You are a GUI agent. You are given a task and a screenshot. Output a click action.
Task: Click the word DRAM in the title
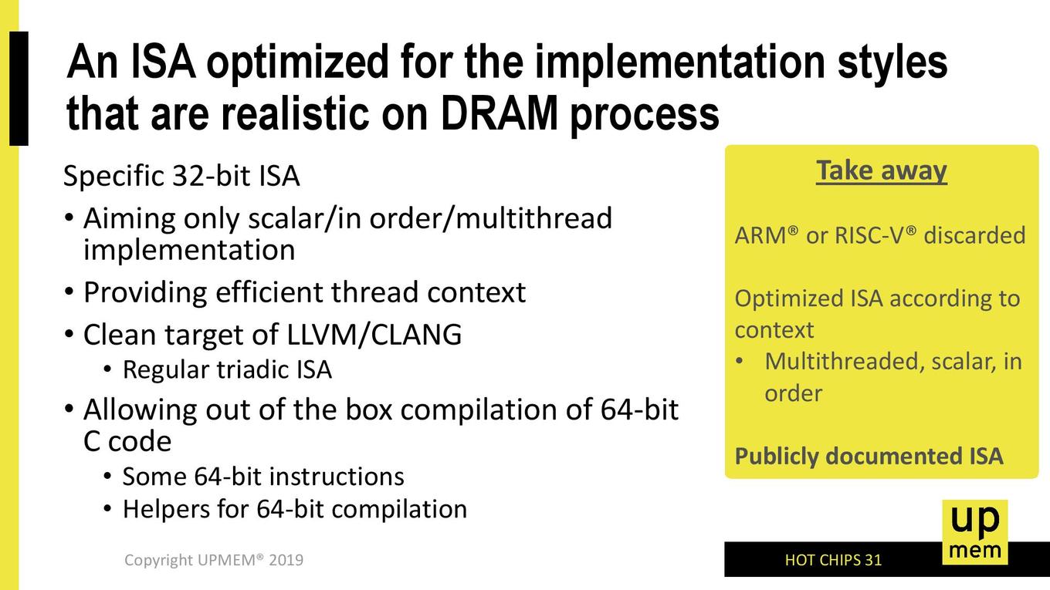(499, 114)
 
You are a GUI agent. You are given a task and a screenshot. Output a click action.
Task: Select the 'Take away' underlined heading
(881, 171)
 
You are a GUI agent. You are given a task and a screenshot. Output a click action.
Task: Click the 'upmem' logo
(975, 532)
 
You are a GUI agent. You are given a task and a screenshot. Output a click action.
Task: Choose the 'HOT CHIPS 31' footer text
(833, 560)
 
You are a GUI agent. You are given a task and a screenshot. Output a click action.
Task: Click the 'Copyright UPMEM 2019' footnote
(214, 560)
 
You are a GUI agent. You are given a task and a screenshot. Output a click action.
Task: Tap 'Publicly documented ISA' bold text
(869, 457)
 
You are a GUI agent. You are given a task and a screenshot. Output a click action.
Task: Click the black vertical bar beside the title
(19, 89)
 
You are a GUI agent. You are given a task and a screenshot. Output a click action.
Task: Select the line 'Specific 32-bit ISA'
(181, 177)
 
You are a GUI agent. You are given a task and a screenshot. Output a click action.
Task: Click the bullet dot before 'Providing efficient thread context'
(69, 292)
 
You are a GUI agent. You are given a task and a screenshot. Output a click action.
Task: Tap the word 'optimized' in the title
(297, 63)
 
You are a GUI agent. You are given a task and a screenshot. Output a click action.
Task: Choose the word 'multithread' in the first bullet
(533, 218)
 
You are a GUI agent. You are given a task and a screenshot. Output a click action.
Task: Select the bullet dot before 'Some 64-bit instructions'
(108, 477)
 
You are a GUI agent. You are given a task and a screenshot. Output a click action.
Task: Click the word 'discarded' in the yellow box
(974, 235)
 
